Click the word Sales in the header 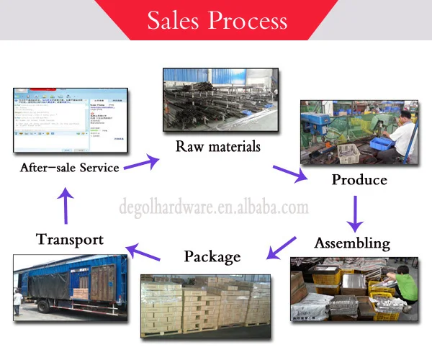pos(174,20)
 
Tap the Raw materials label pos(218,146)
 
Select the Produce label pos(359,179)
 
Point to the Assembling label pos(352,243)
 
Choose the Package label pos(212,256)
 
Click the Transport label pos(70,239)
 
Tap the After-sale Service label pos(70,168)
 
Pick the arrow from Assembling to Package pos(282,247)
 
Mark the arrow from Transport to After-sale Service pos(66,204)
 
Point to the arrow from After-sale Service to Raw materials pos(142,161)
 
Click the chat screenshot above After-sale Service pos(71,120)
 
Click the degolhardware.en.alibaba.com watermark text pos(213,208)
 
